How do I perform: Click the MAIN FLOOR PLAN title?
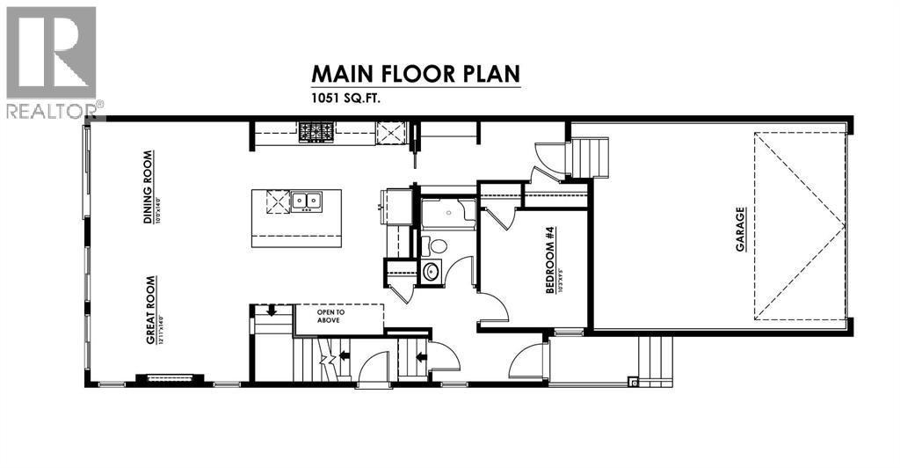pyautogui.click(x=414, y=74)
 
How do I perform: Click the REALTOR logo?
pyautogui.click(x=52, y=62)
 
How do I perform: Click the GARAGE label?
pyautogui.click(x=741, y=229)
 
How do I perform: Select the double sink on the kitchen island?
pyautogui.click(x=307, y=201)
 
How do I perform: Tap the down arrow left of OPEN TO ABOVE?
pyautogui.click(x=272, y=310)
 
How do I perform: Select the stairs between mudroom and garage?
pyautogui.click(x=591, y=157)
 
